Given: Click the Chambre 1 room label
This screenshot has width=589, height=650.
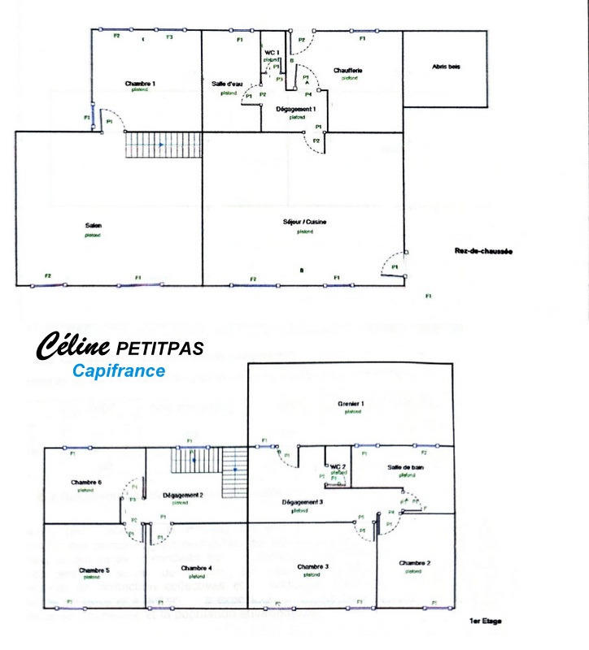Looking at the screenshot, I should [140, 84].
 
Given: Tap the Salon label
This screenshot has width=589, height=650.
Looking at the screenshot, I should [94, 226].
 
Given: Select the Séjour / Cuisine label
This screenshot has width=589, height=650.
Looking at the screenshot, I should [305, 221].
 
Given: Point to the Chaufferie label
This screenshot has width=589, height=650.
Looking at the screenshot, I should [348, 71].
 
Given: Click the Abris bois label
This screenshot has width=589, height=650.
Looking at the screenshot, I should [446, 67].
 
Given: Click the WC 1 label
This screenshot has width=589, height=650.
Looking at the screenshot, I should [273, 52].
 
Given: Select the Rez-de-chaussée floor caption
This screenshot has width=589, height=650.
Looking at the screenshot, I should [483, 252].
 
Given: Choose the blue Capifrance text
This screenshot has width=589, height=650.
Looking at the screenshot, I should [118, 371].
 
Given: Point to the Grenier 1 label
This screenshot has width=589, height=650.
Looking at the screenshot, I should [351, 403].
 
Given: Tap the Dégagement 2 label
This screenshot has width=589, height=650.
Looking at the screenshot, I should [182, 494].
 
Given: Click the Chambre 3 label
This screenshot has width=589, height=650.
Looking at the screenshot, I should [312, 566].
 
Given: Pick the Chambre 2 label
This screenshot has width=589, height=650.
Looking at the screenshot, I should [415, 563].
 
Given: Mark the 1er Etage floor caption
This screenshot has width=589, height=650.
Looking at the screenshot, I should [486, 622].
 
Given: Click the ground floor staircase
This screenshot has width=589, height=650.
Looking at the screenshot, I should [163, 145].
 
